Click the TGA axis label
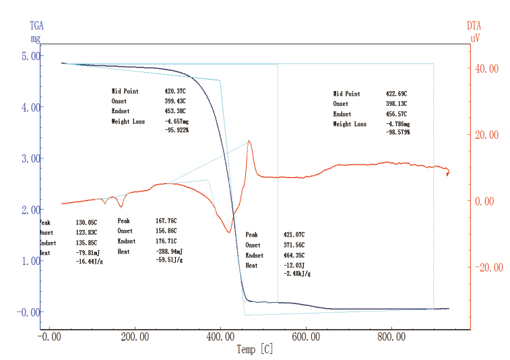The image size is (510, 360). pyautogui.click(x=35, y=26)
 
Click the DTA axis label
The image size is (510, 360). pyautogui.click(x=474, y=26)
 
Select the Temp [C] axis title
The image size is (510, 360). pyautogui.click(x=255, y=349)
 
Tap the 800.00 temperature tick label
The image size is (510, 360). pyautogui.click(x=391, y=336)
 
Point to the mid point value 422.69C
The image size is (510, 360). pyautogui.click(x=396, y=94)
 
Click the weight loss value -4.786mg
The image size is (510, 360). pyautogui.click(x=396, y=125)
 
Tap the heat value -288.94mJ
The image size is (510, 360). pyautogui.click(x=169, y=251)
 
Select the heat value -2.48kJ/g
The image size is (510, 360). pyautogui.click(x=297, y=274)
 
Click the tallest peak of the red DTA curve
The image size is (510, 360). pyautogui.click(x=249, y=141)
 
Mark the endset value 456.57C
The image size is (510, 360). pyautogui.click(x=396, y=115)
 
